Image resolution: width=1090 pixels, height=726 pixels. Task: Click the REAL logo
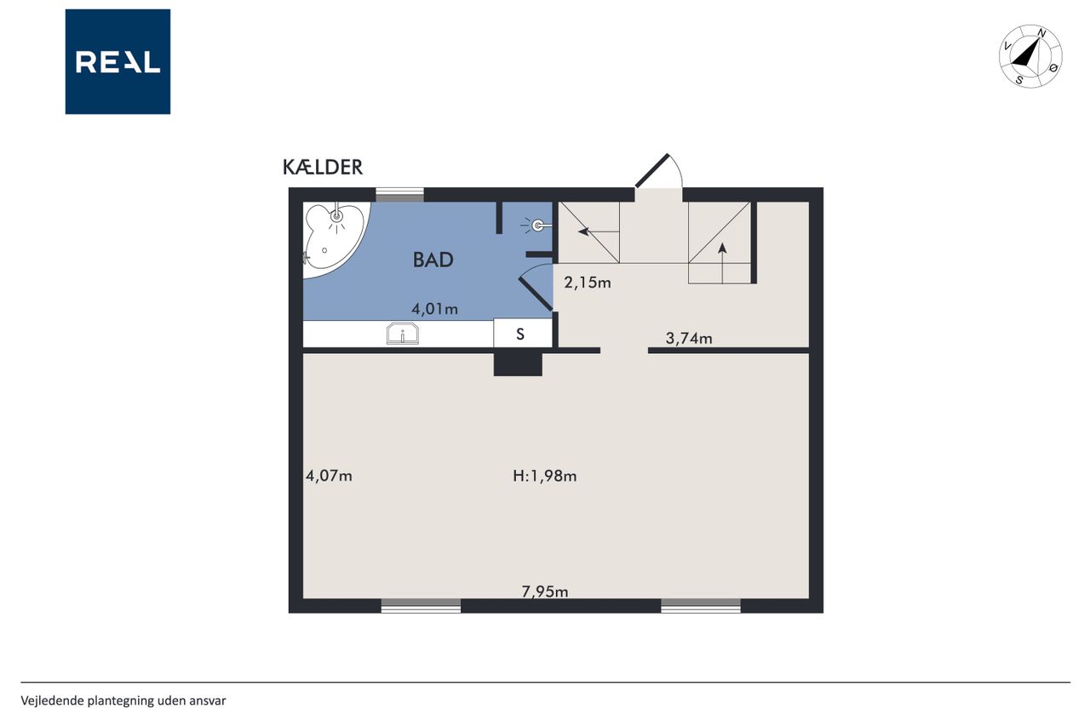(118, 62)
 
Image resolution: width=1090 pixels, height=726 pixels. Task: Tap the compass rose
(1030, 56)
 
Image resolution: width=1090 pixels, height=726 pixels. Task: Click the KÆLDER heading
(323, 168)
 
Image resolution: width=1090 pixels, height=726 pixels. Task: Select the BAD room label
(433, 260)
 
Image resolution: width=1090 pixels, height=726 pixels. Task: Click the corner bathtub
(333, 238)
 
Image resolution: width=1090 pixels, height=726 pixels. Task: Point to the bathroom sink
(403, 334)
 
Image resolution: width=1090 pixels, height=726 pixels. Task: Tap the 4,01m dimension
(434, 309)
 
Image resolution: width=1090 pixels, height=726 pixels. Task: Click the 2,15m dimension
(588, 283)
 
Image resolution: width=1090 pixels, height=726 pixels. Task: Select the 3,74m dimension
(689, 338)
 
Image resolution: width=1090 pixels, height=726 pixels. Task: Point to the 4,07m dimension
(329, 476)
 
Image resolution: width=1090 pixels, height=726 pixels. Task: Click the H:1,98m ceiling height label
(544, 476)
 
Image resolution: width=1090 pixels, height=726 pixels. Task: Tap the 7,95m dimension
(544, 592)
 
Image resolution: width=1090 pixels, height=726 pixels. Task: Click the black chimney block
(518, 364)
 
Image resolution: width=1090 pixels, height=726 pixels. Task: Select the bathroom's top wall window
(399, 195)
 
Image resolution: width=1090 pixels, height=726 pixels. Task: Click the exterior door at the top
(658, 171)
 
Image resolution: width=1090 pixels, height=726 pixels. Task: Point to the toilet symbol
(536, 226)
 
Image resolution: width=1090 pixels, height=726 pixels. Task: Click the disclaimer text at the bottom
(123, 700)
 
